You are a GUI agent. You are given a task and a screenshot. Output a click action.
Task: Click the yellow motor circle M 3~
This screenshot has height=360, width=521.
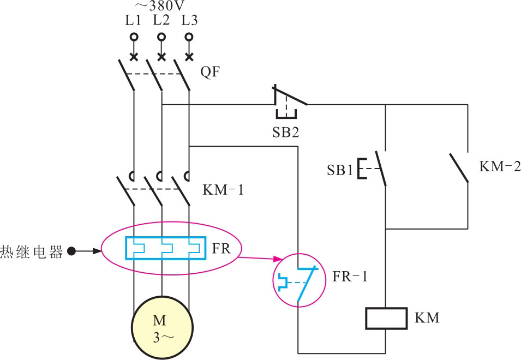[x=162, y=327]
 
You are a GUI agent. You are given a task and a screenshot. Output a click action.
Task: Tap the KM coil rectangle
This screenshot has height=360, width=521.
[x=386, y=318]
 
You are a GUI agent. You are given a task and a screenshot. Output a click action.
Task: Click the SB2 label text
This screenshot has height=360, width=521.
[x=286, y=132]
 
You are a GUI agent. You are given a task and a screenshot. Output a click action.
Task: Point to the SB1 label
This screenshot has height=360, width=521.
[x=340, y=170]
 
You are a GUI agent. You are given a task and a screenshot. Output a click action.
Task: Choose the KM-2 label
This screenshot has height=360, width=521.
[x=500, y=167]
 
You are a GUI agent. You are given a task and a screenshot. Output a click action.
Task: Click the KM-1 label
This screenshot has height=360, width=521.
[x=223, y=191]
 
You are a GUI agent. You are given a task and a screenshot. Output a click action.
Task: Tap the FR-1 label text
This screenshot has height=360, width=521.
[x=350, y=277]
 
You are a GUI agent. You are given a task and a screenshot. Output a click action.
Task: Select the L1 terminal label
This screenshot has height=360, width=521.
[x=133, y=21]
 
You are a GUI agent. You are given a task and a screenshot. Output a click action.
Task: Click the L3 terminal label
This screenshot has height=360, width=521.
[x=189, y=21]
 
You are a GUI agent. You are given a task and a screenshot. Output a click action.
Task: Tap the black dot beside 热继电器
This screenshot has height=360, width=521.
[x=70, y=251]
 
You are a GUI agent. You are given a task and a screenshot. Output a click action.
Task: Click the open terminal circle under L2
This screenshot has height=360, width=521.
[x=161, y=37]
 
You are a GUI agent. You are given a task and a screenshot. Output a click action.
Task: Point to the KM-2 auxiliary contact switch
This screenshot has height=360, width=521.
[x=459, y=168]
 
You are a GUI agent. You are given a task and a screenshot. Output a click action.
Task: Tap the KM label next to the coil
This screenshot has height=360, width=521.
[x=427, y=317]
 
